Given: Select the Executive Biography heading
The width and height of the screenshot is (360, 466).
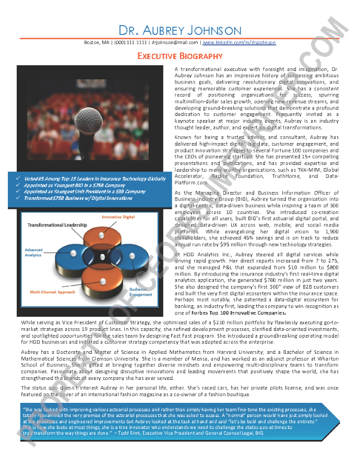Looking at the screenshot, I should pos(180,56).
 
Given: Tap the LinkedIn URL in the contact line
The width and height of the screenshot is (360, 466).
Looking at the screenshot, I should pos(239,42).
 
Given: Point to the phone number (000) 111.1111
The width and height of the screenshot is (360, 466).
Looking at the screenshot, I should pos(130,42).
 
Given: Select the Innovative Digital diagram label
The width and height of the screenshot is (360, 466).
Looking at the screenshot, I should pos(118,217).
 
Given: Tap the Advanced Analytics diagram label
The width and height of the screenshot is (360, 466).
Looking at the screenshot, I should pos(33,253).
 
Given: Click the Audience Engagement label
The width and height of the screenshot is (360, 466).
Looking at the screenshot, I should pos(141,292).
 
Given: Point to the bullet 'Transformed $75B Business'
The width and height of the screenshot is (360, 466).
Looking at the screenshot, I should pos(78,198).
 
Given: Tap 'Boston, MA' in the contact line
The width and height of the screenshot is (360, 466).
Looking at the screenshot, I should pos(97,42).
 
